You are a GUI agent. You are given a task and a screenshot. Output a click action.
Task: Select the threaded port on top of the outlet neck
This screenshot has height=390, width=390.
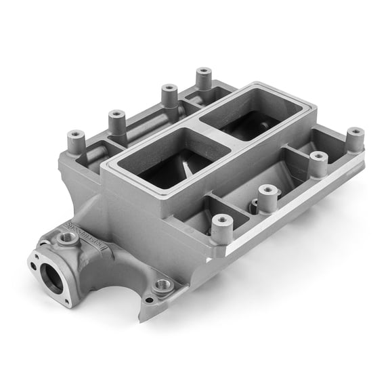point(67,238)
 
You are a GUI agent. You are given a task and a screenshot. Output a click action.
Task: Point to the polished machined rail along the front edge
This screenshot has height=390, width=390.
point(298,203)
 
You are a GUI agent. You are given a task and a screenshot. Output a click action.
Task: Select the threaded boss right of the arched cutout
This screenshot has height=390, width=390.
point(162,286)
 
